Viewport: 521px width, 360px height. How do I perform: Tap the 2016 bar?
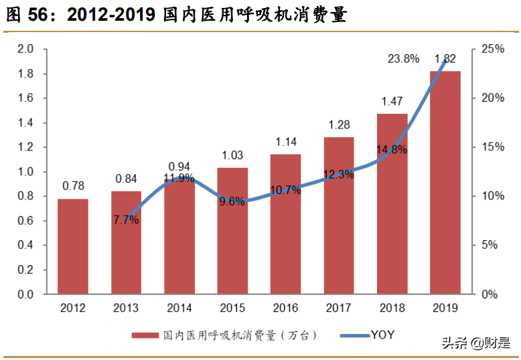tap(285, 224)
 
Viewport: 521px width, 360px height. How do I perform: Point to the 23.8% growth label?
tap(403, 59)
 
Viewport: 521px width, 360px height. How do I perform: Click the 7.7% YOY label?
tap(127, 219)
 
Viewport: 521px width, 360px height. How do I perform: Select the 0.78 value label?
tap(73, 186)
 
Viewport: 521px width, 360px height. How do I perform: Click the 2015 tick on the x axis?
tap(232, 308)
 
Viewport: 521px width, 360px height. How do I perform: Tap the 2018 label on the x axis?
tap(392, 308)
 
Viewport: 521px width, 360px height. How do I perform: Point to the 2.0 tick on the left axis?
tap(25, 49)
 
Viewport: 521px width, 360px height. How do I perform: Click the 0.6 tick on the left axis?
tap(25, 221)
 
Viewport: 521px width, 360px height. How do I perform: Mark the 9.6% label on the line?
tap(232, 201)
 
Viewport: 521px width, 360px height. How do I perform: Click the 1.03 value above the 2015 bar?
tap(232, 155)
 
